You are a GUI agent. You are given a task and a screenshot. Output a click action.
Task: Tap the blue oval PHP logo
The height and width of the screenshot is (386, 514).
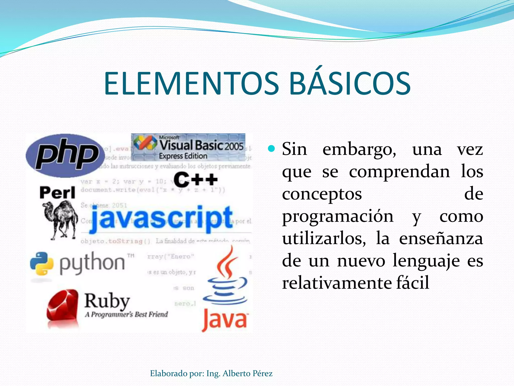(66, 156)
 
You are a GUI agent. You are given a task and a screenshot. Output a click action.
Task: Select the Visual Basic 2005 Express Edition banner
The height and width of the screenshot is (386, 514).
(188, 147)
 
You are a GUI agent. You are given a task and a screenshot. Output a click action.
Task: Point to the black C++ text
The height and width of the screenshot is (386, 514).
(196, 179)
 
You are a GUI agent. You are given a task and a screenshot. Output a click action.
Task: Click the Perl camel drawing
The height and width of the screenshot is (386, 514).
(60, 220)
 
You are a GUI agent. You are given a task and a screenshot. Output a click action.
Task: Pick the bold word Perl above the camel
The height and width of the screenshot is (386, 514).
(57, 193)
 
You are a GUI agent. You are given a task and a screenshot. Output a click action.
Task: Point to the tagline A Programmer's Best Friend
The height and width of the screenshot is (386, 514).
(126, 314)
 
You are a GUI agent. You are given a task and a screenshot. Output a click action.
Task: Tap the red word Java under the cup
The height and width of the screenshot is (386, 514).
(225, 320)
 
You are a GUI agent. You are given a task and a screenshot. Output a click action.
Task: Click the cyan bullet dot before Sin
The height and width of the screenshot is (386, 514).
(271, 149)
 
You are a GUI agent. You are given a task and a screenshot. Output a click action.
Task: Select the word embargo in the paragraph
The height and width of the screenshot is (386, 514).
(359, 150)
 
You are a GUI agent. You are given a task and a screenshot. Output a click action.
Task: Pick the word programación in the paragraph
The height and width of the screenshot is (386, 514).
(338, 217)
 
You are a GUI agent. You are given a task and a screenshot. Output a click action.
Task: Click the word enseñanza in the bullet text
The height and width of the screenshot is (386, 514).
(441, 239)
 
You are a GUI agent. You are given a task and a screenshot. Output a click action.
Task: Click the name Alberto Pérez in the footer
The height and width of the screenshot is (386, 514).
(247, 373)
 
